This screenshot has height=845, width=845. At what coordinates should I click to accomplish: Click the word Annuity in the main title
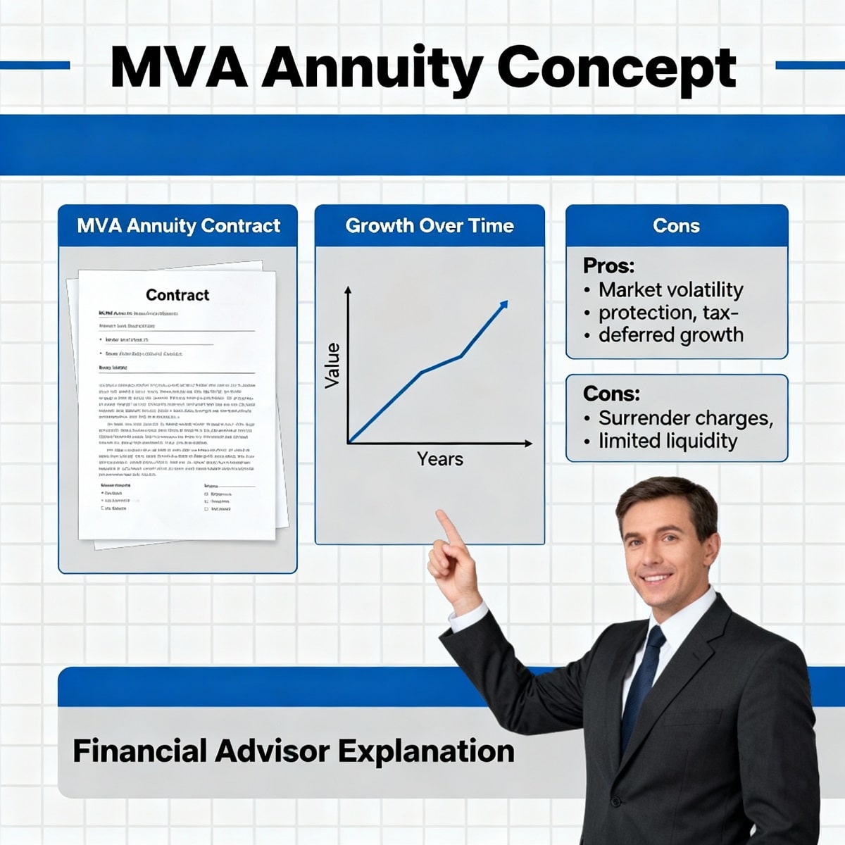[x=372, y=68]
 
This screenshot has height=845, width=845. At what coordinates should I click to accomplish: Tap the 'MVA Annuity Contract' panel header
[x=178, y=226]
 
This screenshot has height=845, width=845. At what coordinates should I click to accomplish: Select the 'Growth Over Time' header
[x=430, y=226]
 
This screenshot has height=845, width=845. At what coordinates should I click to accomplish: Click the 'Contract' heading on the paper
[x=177, y=295]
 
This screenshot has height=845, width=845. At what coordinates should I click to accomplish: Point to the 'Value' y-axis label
[x=332, y=365]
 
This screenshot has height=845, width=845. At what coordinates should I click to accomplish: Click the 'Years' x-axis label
[x=440, y=459]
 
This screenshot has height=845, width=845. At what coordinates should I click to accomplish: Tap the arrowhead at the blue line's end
[x=503, y=305]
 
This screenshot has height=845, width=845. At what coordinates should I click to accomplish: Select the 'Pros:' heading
[x=608, y=266]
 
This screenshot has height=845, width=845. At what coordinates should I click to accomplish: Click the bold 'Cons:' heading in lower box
[x=611, y=393]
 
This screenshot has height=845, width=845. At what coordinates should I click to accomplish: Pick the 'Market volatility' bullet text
[x=670, y=290]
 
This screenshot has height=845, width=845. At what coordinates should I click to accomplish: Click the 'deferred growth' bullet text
[x=670, y=334]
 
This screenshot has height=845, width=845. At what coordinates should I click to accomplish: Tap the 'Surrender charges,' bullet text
[x=685, y=418]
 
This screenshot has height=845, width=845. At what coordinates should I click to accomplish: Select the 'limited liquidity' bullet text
[x=668, y=441]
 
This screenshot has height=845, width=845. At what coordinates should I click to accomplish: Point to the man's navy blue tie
[x=642, y=676]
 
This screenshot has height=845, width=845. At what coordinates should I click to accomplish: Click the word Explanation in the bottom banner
[x=426, y=751]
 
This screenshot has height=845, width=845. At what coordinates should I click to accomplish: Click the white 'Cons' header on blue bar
[x=676, y=226]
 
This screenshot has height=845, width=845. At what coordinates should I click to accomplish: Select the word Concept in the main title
[x=616, y=68]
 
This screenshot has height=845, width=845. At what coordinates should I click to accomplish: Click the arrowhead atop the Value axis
[x=347, y=289]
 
